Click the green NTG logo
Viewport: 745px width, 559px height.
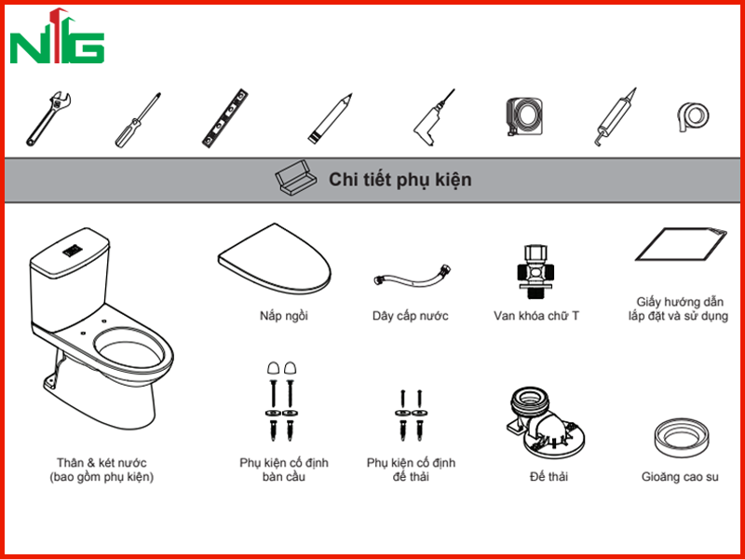57,36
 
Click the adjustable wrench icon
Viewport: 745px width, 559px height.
48,118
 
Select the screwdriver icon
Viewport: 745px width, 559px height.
138,120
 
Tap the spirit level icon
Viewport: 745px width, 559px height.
225,118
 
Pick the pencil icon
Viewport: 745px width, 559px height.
330,118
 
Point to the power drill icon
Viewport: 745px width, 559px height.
433,118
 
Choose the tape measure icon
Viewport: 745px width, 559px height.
524,116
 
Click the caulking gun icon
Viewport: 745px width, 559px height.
615,117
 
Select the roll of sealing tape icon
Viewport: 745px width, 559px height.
693,116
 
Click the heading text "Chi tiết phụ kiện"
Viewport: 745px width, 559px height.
400,180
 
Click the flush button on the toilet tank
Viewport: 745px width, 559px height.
74,250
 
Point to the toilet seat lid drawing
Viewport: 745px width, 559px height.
274,258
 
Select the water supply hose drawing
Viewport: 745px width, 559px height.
412,275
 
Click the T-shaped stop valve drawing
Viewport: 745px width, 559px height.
536,271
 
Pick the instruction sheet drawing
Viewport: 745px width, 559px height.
681,244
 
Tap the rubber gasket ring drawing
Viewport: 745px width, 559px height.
682,438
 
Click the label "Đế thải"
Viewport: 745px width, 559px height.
549,476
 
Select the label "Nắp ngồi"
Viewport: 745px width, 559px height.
284,316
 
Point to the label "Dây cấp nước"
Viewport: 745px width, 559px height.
411,316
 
